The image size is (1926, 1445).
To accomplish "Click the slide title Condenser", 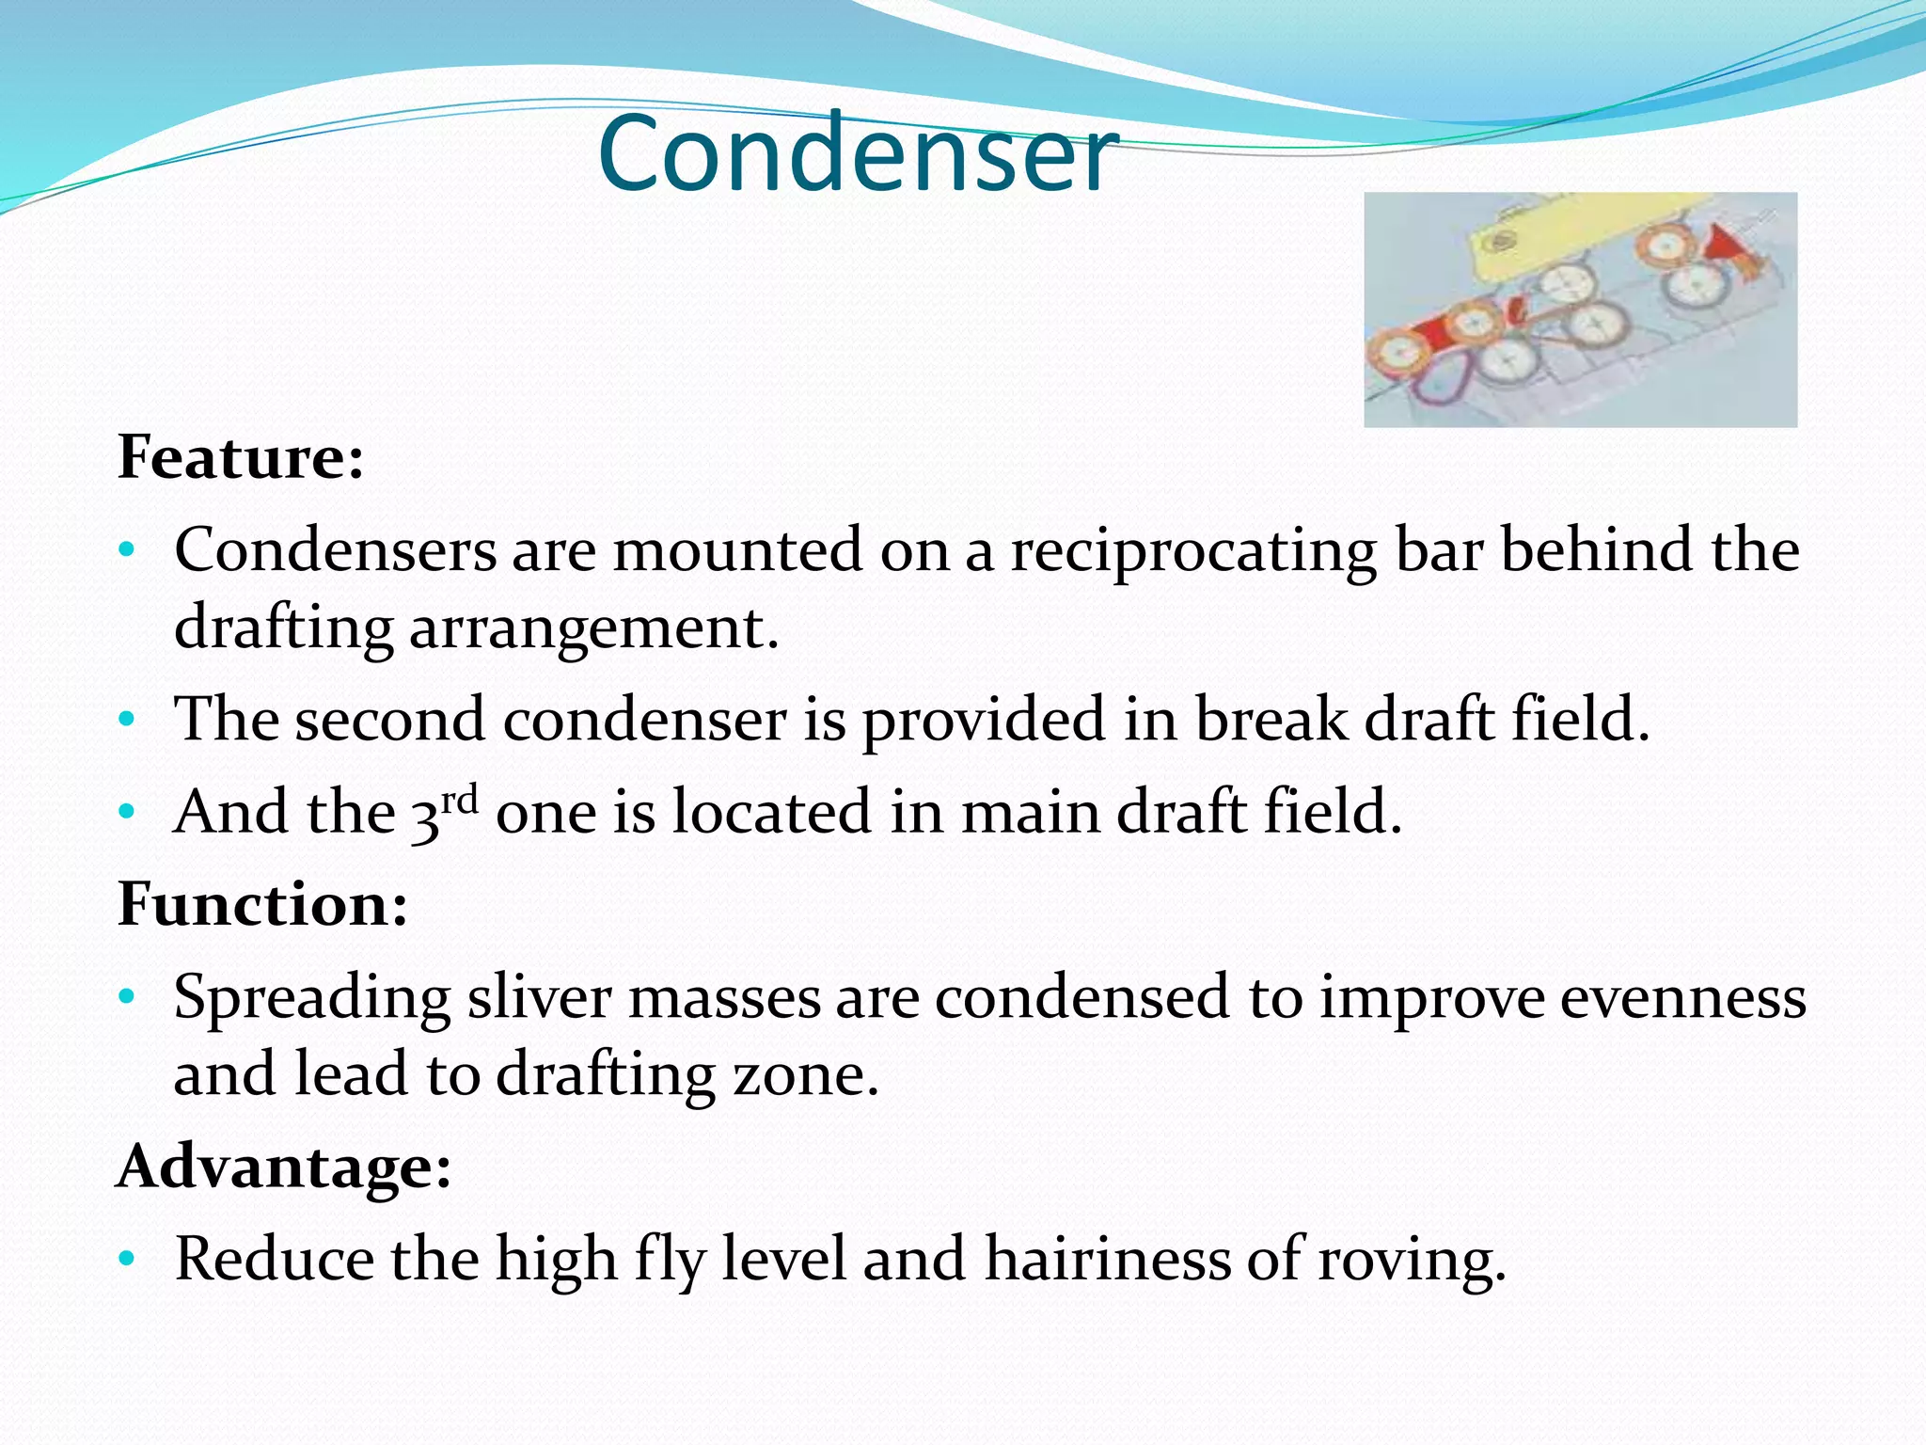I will [858, 153].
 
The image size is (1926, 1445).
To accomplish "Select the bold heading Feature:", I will [241, 458].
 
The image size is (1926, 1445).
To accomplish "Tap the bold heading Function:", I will [262, 904].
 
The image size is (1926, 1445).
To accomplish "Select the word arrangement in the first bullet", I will [594, 628].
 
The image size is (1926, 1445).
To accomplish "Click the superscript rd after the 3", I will [460, 800].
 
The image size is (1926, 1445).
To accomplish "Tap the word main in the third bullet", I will [1030, 811].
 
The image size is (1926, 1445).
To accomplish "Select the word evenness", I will [1682, 997].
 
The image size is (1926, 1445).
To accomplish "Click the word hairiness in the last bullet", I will [1107, 1259].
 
